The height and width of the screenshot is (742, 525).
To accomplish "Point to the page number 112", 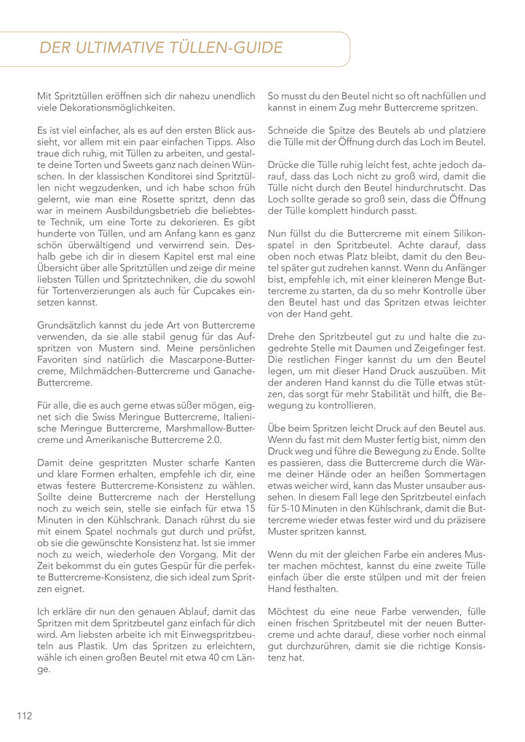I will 25,716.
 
